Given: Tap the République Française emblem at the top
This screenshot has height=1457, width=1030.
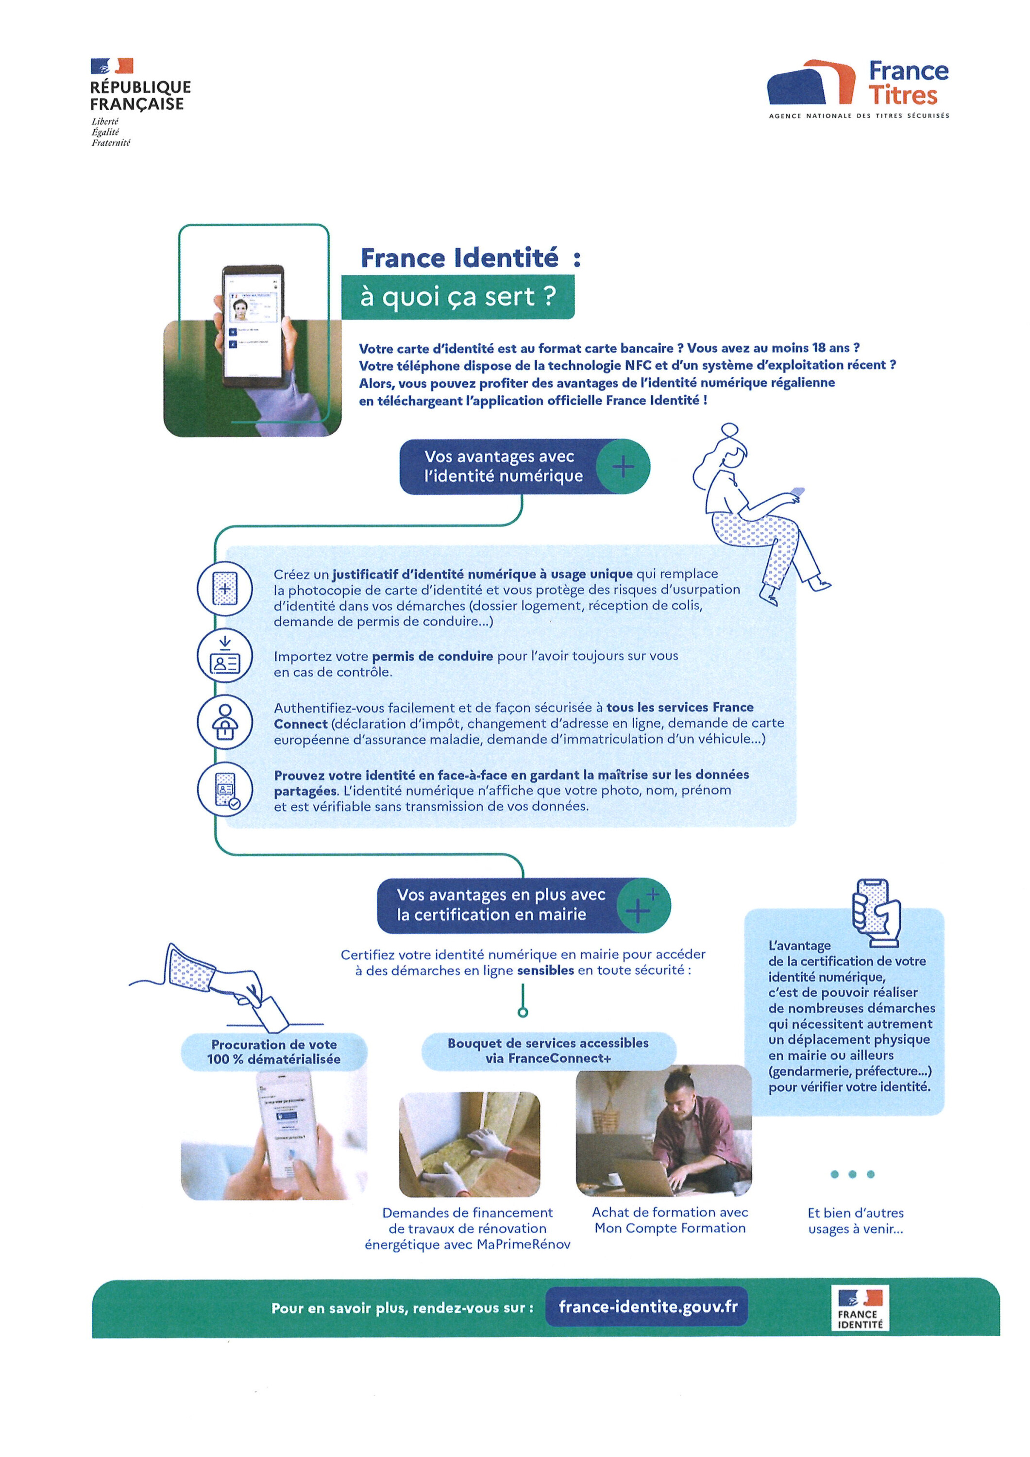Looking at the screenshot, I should [x=112, y=66].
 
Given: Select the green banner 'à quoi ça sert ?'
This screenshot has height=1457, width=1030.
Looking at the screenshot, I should [x=457, y=296].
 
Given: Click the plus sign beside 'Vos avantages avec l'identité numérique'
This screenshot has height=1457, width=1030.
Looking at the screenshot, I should [x=623, y=467].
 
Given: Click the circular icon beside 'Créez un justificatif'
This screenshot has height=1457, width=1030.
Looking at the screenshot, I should [x=225, y=588].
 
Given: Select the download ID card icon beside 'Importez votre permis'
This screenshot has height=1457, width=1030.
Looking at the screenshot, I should [x=225, y=656].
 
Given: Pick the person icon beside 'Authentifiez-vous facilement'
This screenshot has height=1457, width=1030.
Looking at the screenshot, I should [x=225, y=722].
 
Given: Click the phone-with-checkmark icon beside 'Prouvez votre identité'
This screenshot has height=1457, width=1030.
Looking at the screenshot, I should [x=225, y=789].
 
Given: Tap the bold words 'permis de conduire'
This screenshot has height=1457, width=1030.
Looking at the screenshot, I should [x=432, y=656].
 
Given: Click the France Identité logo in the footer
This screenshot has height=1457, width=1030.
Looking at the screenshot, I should [x=860, y=1308].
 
